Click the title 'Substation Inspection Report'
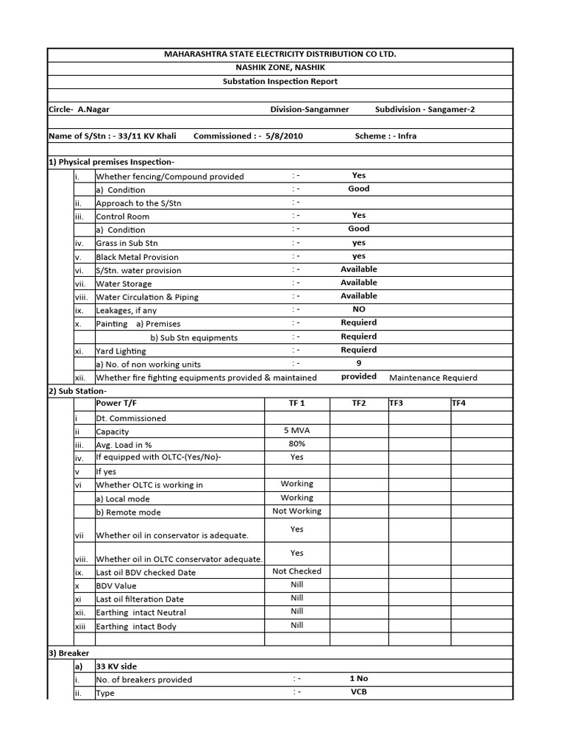coord(280,82)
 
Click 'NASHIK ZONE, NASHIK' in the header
coord(280,68)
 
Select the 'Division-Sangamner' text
coord(310,109)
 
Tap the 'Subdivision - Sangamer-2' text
coord(424,109)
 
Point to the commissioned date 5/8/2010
coord(282,136)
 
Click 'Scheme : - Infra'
coord(385,136)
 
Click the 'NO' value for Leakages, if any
coord(359,310)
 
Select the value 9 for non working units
coord(359,363)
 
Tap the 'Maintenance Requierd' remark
coord(433,378)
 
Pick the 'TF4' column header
coord(458,404)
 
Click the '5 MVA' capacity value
coord(296,431)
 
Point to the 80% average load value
coord(296,444)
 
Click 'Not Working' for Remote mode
coord(296,511)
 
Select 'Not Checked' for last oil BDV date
coord(296,571)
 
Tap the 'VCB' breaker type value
coord(359,692)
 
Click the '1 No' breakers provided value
coord(359,679)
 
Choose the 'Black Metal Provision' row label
coord(137,257)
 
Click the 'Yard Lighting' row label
coord(121,351)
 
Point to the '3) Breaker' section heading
coord(68,653)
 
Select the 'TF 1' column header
coord(296,404)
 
